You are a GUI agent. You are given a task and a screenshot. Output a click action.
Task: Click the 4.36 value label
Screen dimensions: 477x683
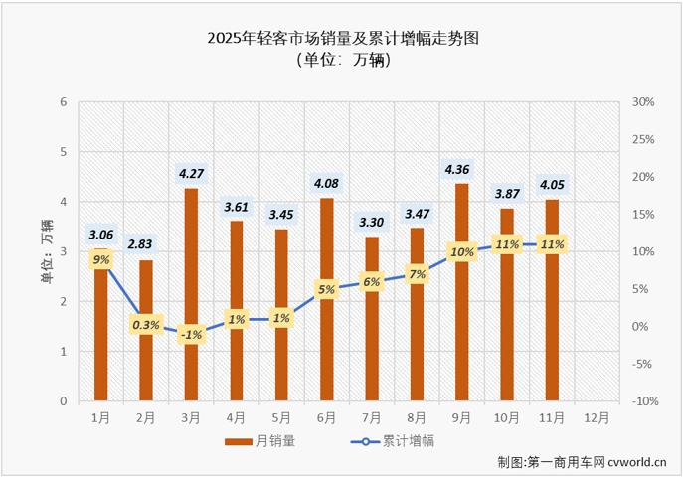click(x=462, y=167)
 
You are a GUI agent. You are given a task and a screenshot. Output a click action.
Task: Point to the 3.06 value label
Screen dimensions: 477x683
click(x=101, y=235)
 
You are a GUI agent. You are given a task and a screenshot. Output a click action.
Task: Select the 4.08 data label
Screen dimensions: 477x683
click(x=327, y=182)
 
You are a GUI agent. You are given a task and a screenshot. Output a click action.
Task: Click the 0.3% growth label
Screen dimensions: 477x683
click(x=146, y=324)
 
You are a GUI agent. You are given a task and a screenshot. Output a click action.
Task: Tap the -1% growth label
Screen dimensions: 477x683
click(x=191, y=335)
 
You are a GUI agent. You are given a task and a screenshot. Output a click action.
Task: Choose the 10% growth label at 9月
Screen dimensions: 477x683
click(x=462, y=251)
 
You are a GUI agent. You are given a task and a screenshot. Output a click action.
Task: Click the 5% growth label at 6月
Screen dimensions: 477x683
click(x=327, y=289)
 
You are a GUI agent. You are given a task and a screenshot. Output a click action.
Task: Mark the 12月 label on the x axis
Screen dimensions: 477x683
click(x=598, y=416)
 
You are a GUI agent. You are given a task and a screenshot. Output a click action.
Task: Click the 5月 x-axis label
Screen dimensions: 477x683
click(x=281, y=416)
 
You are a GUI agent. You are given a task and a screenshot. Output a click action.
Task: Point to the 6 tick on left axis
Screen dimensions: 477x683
click(x=64, y=102)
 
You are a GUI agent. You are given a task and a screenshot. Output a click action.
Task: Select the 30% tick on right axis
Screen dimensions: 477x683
click(x=642, y=102)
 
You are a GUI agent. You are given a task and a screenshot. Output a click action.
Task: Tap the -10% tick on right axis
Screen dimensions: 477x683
click(x=642, y=401)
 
